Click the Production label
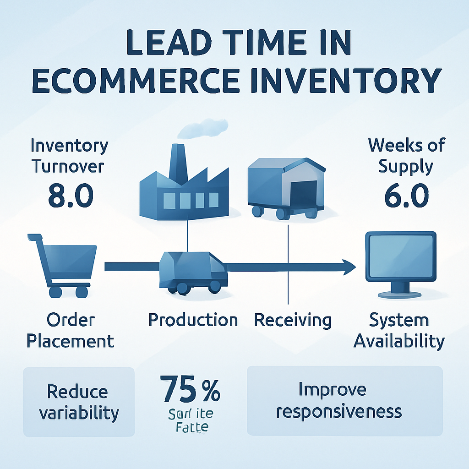click(x=193, y=320)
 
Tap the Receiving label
click(x=293, y=320)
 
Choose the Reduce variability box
click(x=79, y=402)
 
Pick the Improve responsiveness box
click(x=344, y=400)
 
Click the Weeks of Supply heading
click(x=406, y=155)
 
